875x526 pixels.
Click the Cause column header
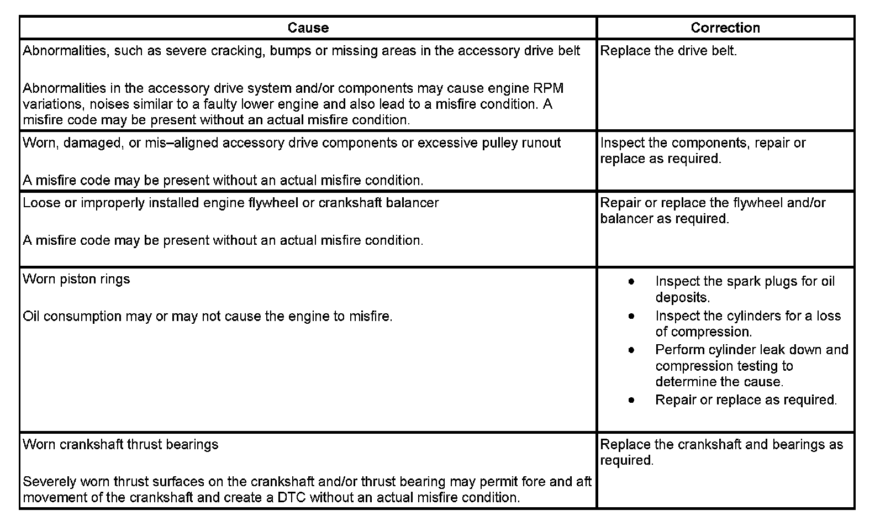[308, 28]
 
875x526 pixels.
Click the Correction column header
[725, 28]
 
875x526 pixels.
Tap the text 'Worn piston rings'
[76, 279]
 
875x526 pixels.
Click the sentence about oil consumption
[207, 317]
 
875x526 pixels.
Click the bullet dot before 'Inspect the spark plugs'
[631, 282]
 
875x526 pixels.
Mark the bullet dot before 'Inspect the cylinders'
[631, 316]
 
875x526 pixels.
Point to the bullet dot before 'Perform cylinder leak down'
[631, 350]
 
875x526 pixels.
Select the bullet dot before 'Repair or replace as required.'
[631, 400]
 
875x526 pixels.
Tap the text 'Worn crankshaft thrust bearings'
[120, 445]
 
